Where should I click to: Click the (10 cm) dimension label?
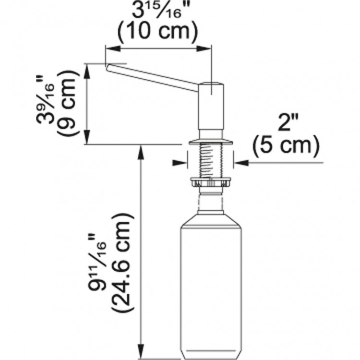[158, 32]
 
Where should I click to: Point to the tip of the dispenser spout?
[108, 67]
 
